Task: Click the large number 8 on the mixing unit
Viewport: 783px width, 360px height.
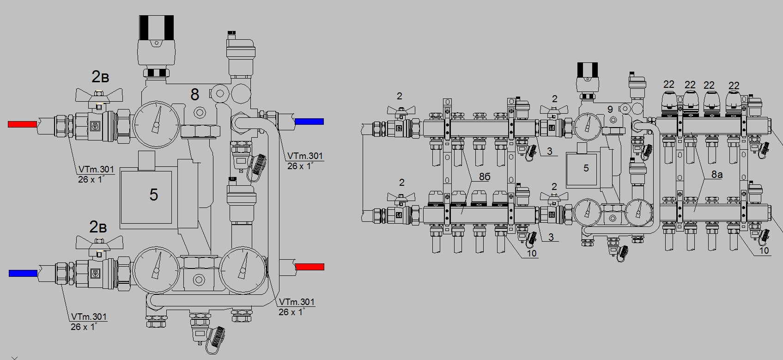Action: click(x=194, y=94)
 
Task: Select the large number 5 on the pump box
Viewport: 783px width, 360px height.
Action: click(x=153, y=195)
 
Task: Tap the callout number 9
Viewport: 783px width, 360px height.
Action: click(x=610, y=109)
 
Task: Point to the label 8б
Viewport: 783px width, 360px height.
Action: click(x=485, y=177)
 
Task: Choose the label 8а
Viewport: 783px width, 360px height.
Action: click(x=717, y=174)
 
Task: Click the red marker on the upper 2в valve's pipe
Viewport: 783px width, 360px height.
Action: click(x=22, y=124)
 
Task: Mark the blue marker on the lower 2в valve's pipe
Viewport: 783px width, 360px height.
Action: click(x=23, y=273)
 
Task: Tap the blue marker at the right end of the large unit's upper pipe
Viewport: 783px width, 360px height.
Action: click(x=310, y=122)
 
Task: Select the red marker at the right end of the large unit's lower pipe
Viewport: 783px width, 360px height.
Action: click(x=310, y=267)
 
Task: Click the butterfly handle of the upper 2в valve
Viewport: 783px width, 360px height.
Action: click(x=99, y=94)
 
